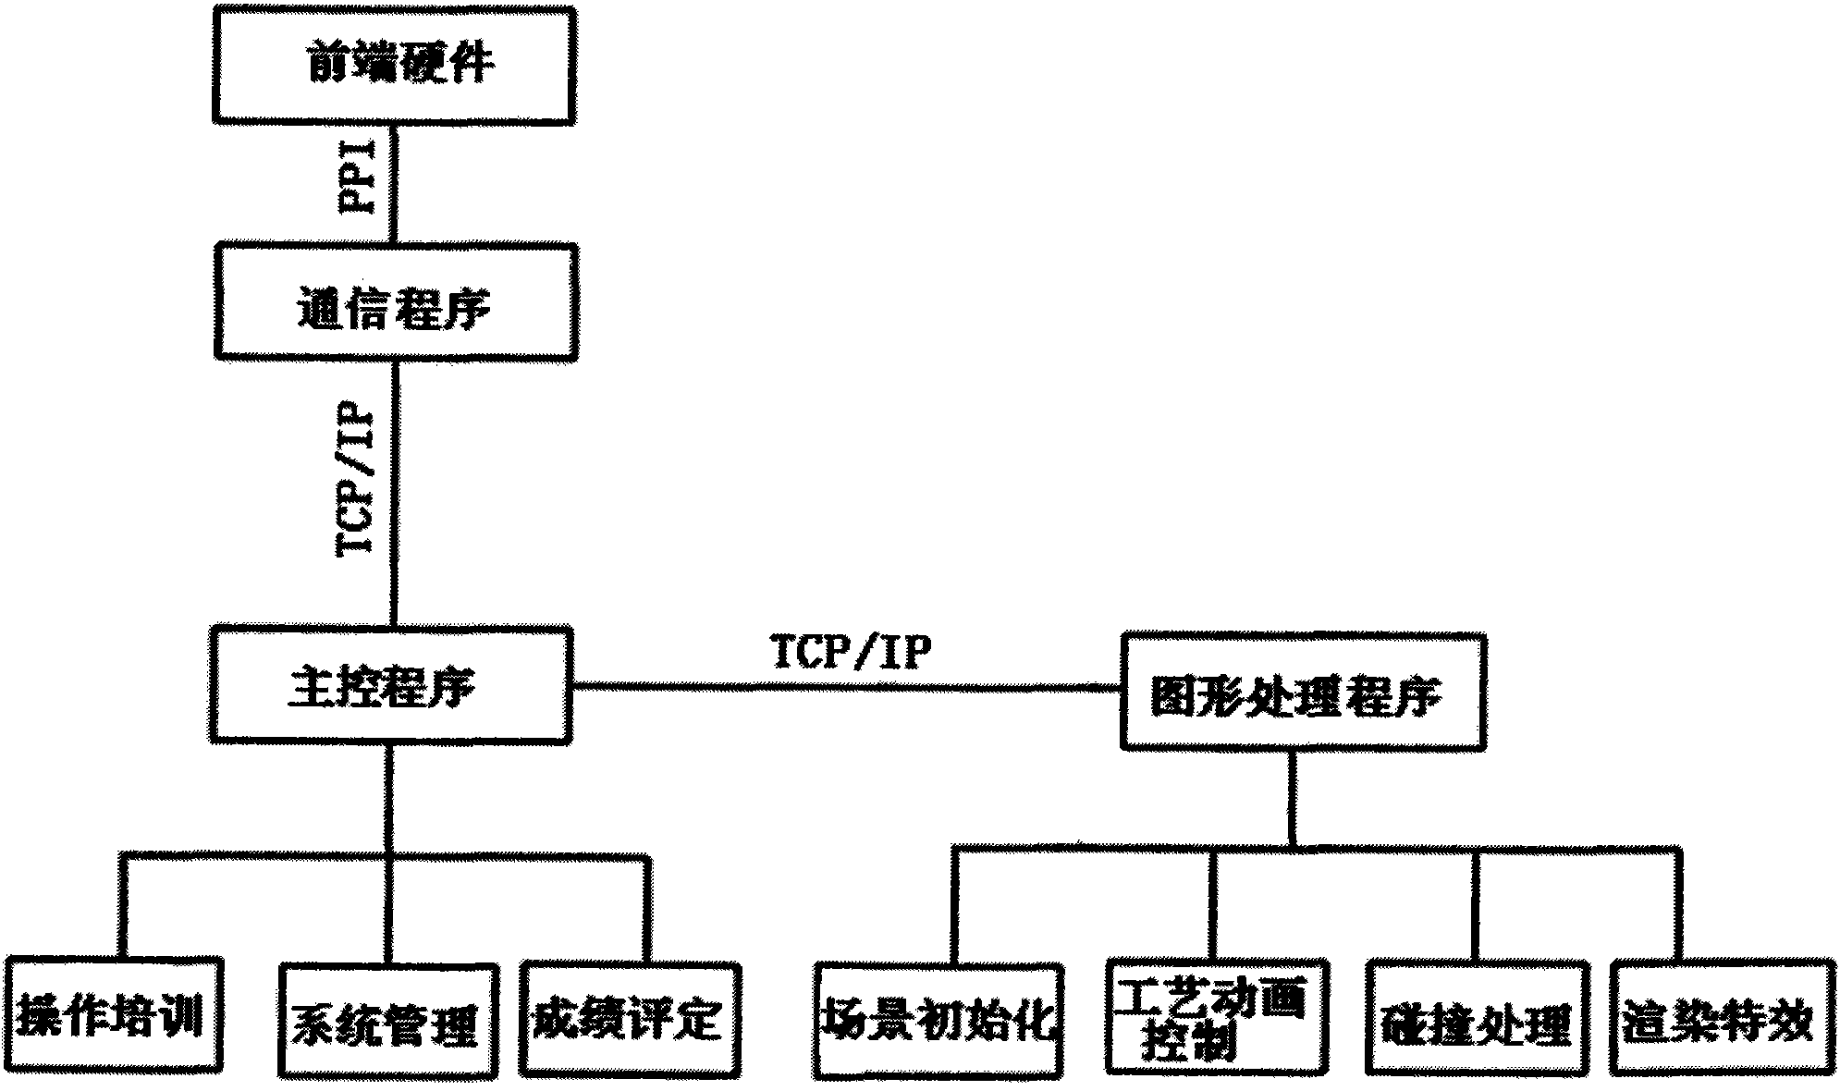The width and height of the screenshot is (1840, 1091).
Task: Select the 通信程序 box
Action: click(x=395, y=301)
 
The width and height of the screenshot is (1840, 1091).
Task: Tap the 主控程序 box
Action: click(x=388, y=685)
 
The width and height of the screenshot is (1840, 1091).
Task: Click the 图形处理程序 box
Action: click(x=1302, y=691)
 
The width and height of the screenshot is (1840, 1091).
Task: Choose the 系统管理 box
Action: click(x=387, y=1021)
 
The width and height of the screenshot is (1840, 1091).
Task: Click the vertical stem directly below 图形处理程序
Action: click(x=1293, y=795)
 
